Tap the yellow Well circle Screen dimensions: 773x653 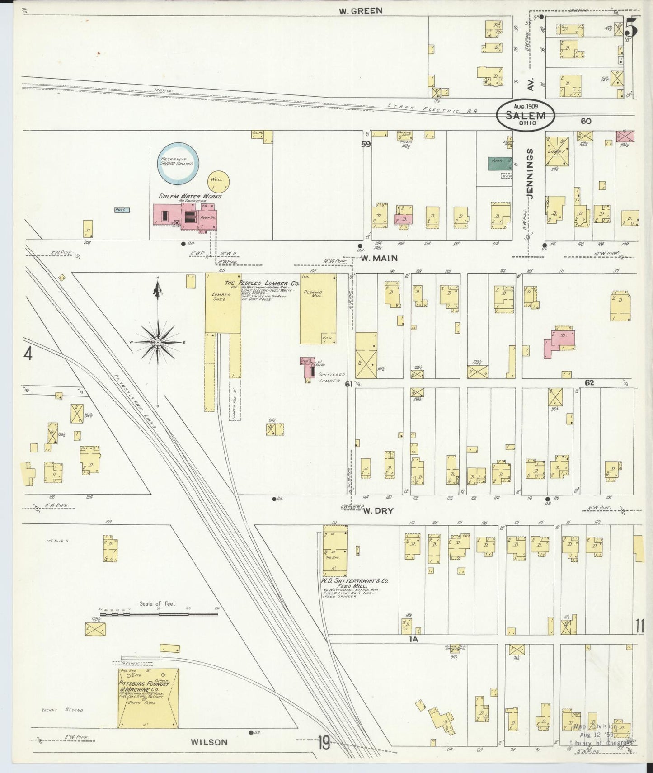click(x=219, y=182)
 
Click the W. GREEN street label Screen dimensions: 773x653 click(x=361, y=10)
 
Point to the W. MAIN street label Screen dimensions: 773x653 click(x=379, y=258)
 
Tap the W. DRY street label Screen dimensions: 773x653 click(x=378, y=511)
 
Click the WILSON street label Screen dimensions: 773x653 click(x=209, y=742)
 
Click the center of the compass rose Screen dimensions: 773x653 click(x=158, y=343)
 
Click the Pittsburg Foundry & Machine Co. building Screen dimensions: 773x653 click(x=148, y=698)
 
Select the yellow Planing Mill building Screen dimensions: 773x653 click(x=318, y=309)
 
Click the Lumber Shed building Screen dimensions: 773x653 click(x=223, y=303)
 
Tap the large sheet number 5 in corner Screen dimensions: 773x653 click(x=632, y=27)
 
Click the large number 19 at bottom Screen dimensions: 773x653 click(x=323, y=742)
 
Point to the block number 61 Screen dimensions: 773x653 click(x=348, y=384)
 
